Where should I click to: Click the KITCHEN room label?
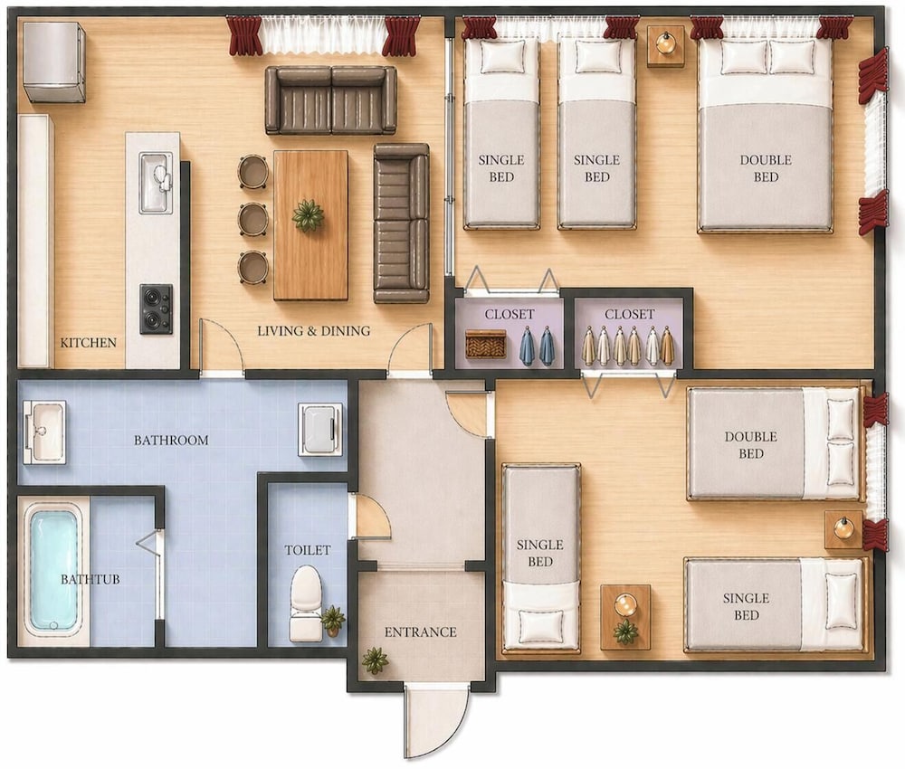point(89,343)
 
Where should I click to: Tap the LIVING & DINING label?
point(313,331)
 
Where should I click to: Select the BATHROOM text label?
point(171,441)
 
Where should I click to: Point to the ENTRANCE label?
point(420,632)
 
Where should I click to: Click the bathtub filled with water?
point(53,569)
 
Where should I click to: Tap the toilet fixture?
point(305,603)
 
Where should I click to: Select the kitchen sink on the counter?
point(156,183)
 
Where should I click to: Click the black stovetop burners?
point(156,309)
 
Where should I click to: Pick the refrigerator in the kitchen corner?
point(54,62)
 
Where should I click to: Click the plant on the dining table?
point(308,215)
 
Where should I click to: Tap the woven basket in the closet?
point(486,344)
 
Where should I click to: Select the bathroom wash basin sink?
point(44,432)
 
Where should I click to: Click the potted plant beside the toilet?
point(333,620)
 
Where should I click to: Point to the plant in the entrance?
point(376,660)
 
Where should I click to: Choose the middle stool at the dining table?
point(253,219)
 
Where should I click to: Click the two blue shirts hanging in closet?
point(537,347)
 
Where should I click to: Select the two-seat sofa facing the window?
point(330,100)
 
